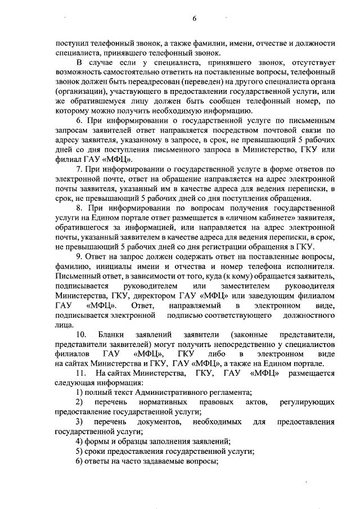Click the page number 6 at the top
coord(194,18)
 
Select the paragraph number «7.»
coord(80,169)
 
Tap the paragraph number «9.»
coord(80,256)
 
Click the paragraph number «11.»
coord(82,373)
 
